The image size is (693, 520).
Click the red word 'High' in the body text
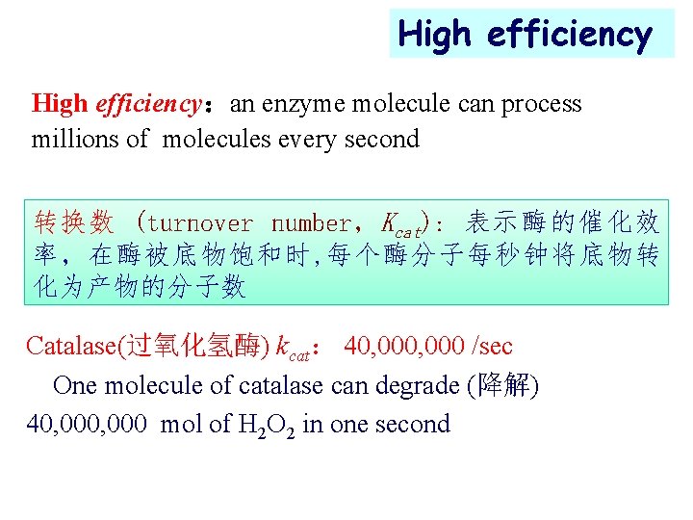click(59, 104)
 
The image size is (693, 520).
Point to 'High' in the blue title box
click(437, 35)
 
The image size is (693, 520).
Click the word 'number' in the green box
click(312, 224)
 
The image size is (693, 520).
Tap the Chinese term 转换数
click(74, 224)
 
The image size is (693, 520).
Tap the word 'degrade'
click(414, 385)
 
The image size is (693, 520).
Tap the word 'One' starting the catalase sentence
click(75, 385)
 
